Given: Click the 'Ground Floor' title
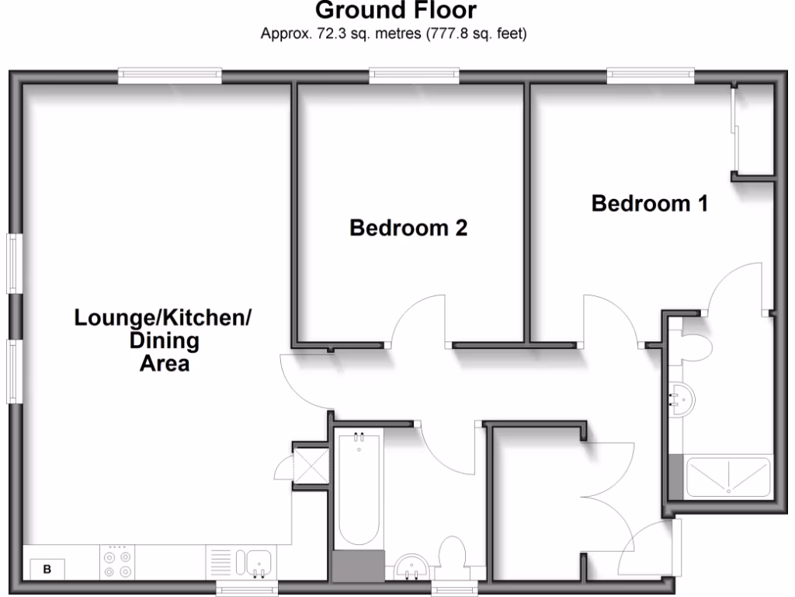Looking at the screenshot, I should point(396,11).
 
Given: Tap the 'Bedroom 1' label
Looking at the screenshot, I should point(649,204).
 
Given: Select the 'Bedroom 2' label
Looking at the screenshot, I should point(408,228).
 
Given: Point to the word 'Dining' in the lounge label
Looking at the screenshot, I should point(164,340).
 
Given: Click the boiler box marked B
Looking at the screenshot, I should point(47,569).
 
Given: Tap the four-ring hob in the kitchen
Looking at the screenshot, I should point(116,562).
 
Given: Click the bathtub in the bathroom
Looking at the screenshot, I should point(358,490).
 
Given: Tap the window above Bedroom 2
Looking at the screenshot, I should point(414,75).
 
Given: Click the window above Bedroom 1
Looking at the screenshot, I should point(650,75).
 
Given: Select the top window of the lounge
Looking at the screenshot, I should point(170,75).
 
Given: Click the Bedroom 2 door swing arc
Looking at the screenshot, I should point(419,319).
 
